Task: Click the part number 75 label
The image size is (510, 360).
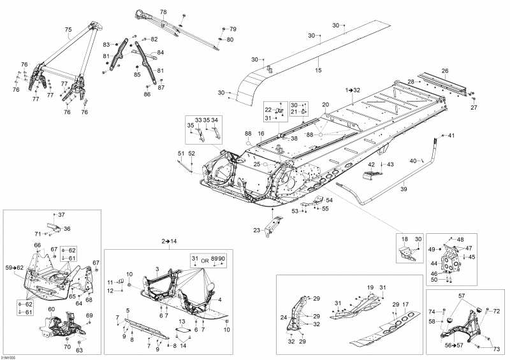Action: [x=68, y=29]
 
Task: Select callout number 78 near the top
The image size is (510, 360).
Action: [x=163, y=12]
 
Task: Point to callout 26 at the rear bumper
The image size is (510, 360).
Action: [x=445, y=71]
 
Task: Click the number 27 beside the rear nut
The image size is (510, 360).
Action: [x=474, y=108]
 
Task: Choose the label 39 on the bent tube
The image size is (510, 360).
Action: [x=403, y=189]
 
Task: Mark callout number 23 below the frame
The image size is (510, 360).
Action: [x=256, y=230]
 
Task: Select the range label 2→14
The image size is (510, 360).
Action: [x=169, y=241]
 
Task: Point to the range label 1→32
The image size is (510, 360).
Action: [x=353, y=90]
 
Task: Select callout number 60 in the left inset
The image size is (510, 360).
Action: [x=52, y=309]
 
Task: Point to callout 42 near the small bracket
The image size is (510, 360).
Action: [x=371, y=165]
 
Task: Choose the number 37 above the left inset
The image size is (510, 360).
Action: [x=62, y=215]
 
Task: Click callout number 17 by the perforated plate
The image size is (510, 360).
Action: [x=405, y=304]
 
